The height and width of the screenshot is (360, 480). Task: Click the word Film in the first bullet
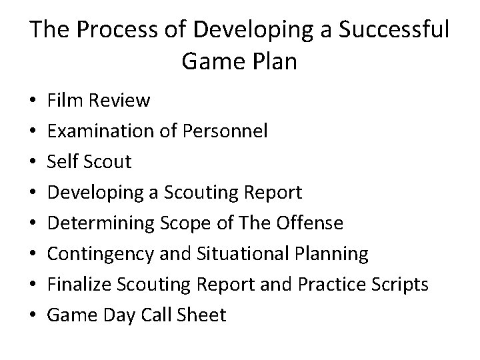click(x=63, y=101)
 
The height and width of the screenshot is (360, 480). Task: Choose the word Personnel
click(x=225, y=131)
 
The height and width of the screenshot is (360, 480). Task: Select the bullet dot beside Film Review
click(x=34, y=101)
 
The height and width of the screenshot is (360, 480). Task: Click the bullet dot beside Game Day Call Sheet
click(x=34, y=316)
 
